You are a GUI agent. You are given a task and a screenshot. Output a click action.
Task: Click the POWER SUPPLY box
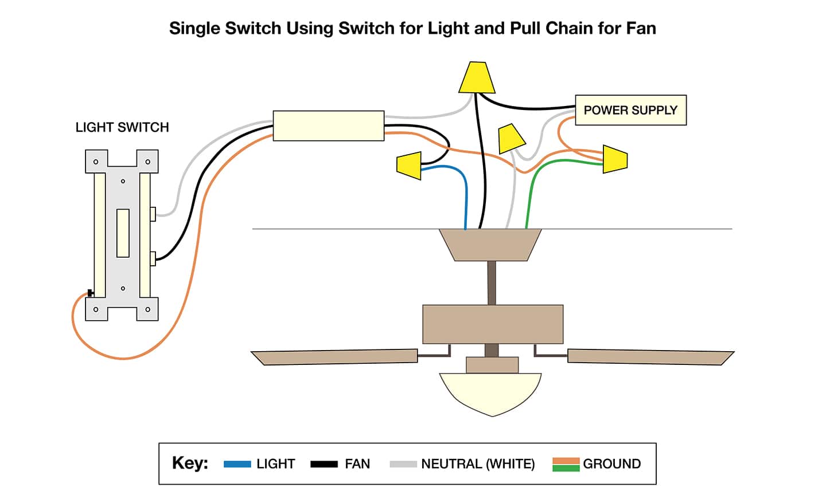pos(630,110)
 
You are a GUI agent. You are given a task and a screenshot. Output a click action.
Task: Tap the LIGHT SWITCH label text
pos(122,127)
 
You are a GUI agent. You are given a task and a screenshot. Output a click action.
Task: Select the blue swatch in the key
pos(237,464)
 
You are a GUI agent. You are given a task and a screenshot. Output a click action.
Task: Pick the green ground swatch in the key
pos(566,468)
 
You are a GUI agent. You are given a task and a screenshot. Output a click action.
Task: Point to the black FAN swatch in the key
pos(324,464)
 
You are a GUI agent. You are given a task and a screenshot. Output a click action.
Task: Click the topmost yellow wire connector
pos(477,78)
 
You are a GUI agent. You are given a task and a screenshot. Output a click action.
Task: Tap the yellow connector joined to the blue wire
pos(409,166)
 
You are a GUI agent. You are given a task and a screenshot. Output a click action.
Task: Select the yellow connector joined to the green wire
pos(615,159)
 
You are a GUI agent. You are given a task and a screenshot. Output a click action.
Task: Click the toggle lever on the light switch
pos(123,233)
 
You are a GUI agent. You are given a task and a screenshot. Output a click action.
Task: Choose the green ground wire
pos(531,189)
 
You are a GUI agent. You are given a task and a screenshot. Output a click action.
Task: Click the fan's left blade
pos(336,356)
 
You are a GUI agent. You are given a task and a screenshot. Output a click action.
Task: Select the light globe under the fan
pos(491,392)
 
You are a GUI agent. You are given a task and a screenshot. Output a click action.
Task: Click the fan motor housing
pos(492,324)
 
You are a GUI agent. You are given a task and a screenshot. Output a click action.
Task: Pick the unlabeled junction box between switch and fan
pos(328,125)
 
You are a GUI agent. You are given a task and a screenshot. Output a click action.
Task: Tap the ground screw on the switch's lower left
pos(91,293)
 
